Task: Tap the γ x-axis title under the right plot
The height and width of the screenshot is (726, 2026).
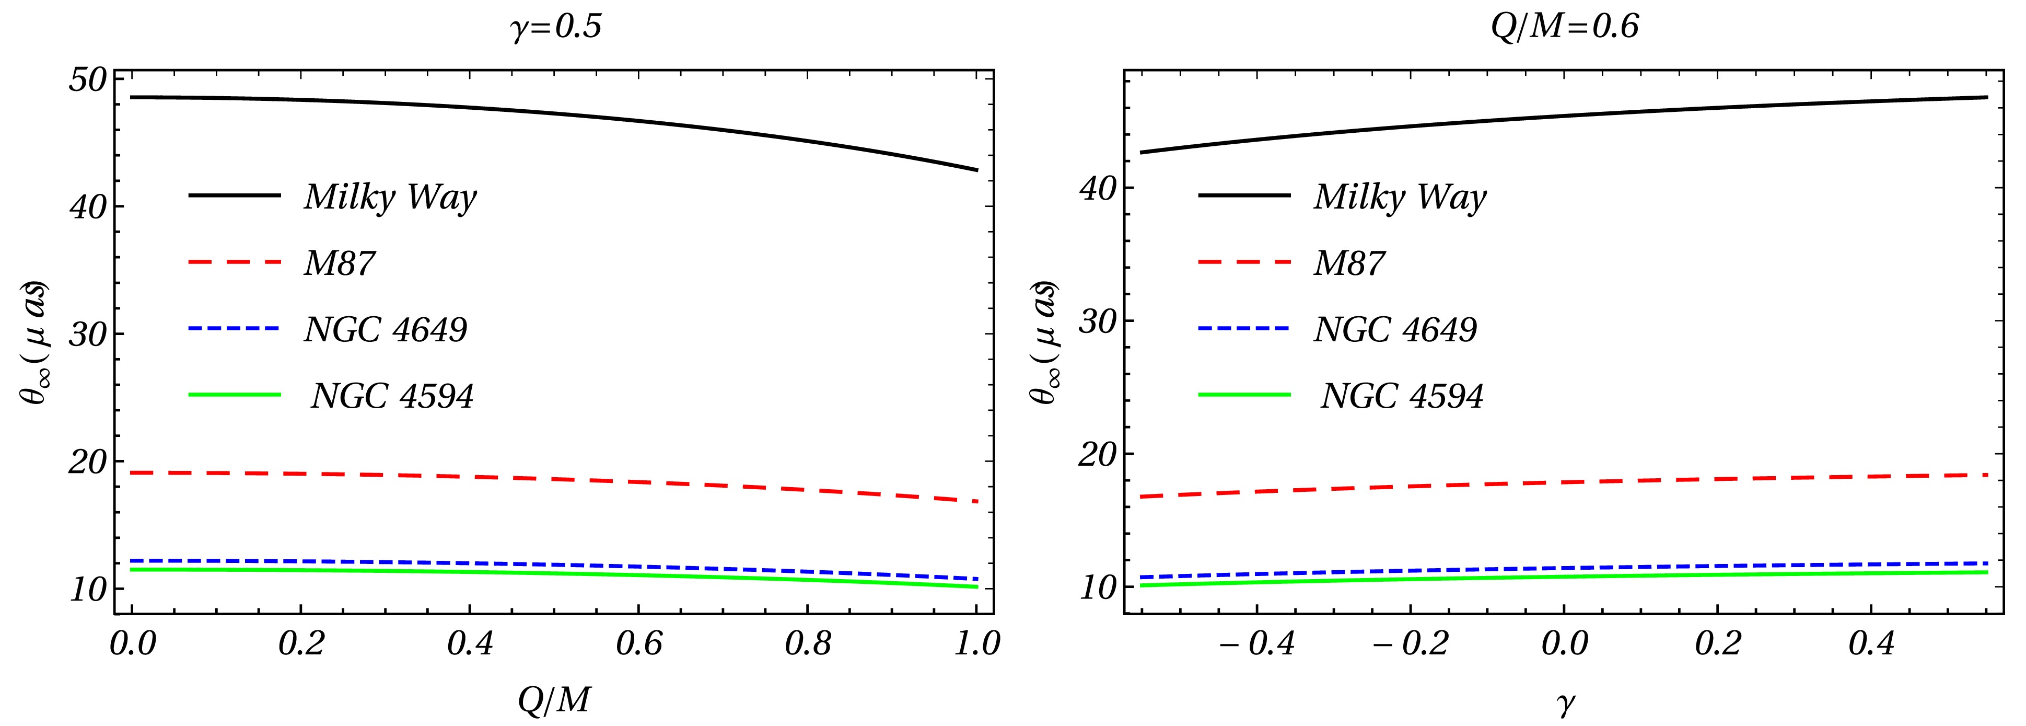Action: [x=1564, y=702]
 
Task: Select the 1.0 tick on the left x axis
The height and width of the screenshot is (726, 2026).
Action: [x=976, y=643]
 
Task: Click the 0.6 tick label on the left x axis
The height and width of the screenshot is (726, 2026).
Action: [x=638, y=643]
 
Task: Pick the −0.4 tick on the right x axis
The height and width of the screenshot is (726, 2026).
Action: [x=1256, y=643]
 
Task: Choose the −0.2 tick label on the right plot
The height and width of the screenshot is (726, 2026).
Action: [x=1410, y=643]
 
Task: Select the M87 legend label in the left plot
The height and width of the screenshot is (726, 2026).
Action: [x=339, y=263]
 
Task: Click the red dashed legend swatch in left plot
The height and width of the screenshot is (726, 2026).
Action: [x=235, y=262]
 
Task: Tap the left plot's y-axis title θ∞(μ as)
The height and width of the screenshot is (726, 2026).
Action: [x=34, y=342]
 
